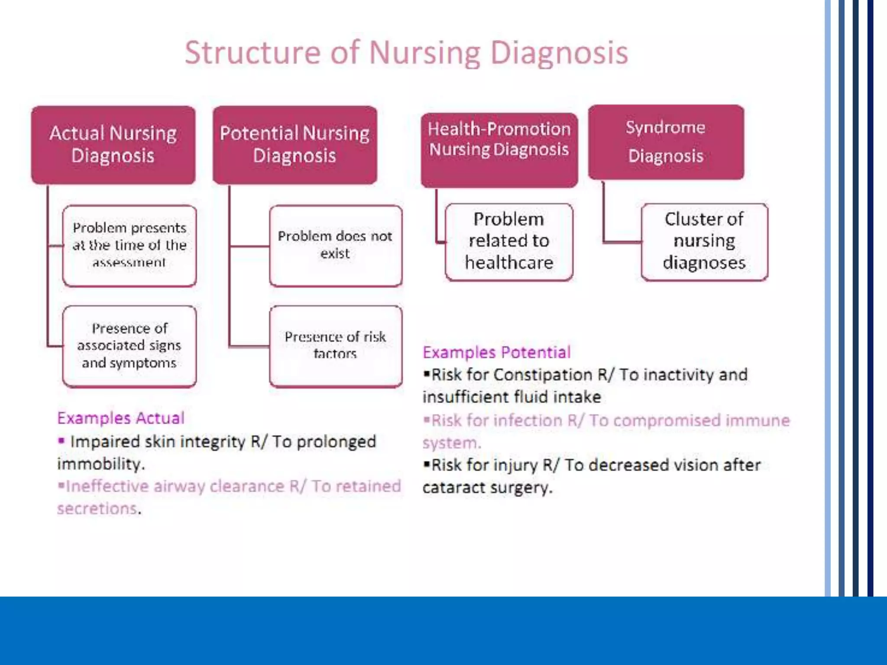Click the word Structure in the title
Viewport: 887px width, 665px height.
click(253, 53)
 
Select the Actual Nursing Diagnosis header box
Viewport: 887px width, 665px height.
click(113, 145)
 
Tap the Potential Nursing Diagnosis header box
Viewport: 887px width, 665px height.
click(295, 145)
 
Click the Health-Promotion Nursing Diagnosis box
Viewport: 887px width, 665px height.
click(499, 149)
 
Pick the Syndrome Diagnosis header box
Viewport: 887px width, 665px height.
click(666, 142)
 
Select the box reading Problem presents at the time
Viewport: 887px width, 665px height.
click(129, 245)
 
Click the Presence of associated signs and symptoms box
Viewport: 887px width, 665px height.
click(129, 345)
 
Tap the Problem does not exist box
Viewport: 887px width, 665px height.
click(335, 245)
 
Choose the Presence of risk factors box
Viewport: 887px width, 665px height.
click(335, 345)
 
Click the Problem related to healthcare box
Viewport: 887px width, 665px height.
click(509, 242)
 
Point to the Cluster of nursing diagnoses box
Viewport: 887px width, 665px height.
click(704, 242)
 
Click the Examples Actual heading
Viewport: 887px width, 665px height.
click(121, 418)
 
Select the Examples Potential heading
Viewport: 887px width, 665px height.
click(496, 352)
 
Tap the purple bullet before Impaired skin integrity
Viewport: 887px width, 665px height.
click(62, 441)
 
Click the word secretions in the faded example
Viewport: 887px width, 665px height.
click(97, 509)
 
